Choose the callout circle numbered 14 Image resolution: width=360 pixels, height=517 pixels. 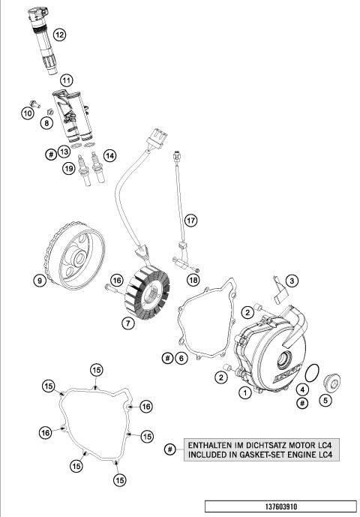coord(110,156)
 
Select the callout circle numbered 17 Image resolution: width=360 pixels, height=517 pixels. coord(191,221)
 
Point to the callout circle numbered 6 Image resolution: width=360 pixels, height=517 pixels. coord(181,359)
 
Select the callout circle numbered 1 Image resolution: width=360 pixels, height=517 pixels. coord(244,392)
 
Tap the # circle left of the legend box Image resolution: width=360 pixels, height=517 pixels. coord(170,449)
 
